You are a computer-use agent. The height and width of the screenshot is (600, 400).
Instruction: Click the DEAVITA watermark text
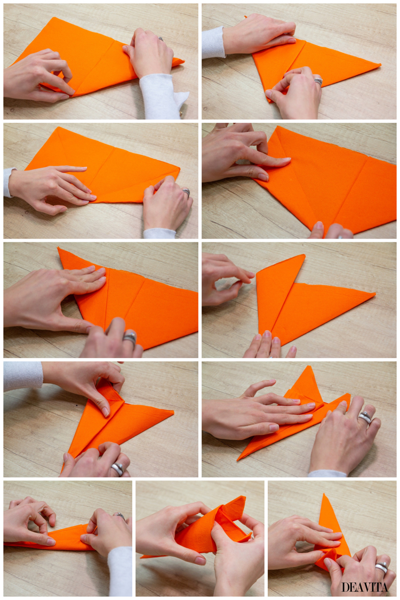pos(365,587)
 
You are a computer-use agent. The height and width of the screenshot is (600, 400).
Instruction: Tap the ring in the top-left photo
pos(161,38)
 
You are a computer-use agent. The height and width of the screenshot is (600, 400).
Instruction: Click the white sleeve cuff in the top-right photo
pos(213,42)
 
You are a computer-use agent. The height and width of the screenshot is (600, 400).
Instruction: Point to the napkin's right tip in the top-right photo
pos(380,66)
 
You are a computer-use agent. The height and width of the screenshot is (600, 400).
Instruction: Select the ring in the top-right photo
pos(318,81)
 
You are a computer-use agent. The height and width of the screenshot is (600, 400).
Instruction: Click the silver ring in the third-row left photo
pos(130,337)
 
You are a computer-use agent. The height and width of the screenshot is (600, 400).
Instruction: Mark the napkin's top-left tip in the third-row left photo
pos(59,249)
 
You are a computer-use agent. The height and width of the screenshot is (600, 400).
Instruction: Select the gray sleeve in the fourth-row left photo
pos(23,376)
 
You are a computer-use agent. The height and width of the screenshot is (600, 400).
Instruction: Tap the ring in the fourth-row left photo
pos(117,469)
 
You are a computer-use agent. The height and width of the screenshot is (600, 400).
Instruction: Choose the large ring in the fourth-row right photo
pos(365,417)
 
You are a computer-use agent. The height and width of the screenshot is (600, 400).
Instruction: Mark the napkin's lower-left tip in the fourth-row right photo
pos(238,459)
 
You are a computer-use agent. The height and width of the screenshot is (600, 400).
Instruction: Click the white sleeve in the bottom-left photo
pos(119,570)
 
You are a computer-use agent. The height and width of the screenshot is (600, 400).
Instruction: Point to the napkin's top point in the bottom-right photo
pos(325,495)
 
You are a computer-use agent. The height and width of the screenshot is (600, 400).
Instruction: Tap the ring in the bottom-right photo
pos(381,567)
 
